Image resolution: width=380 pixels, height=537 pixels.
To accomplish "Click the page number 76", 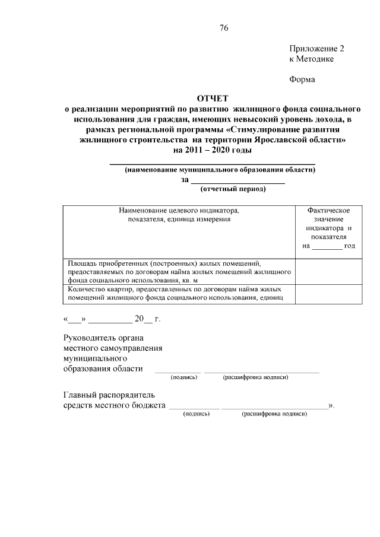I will pyautogui.click(x=223, y=28).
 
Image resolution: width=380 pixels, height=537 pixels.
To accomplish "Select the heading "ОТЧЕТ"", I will pyautogui.click(x=212, y=98).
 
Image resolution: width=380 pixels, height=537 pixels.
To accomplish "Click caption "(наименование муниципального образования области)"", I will pyautogui.click(x=220, y=170).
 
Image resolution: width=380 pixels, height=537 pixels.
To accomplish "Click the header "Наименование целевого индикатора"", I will pyautogui.click(x=179, y=210).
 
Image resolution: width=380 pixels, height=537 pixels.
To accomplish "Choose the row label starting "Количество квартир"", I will pyautogui.click(x=179, y=293).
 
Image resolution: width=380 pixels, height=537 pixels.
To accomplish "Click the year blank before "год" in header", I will pyautogui.click(x=327, y=246).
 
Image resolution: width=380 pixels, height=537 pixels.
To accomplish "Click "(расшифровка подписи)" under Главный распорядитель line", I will pyautogui.click(x=274, y=413).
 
